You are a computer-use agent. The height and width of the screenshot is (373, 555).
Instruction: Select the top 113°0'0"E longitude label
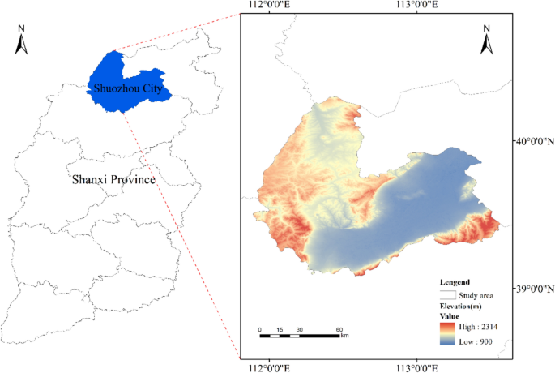(x=416, y=6)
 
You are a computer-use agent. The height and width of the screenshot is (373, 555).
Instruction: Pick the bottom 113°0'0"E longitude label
(x=416, y=367)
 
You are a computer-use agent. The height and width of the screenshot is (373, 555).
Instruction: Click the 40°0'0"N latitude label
(x=534, y=141)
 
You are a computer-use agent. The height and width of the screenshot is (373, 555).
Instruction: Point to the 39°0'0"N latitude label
(x=534, y=288)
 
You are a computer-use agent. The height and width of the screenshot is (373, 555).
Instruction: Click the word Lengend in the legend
(x=455, y=282)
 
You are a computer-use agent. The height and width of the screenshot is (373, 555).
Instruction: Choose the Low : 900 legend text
(x=477, y=341)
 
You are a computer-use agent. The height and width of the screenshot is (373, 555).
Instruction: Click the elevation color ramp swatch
(x=447, y=334)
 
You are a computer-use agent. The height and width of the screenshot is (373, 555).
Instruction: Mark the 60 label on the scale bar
(x=339, y=329)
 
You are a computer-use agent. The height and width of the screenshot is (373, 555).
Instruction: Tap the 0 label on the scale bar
(x=260, y=329)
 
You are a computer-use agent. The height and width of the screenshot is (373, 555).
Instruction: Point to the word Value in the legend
(x=450, y=316)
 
